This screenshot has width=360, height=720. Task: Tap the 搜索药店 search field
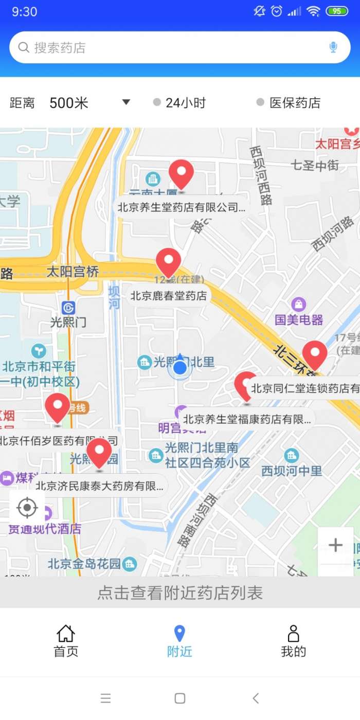tap(170, 48)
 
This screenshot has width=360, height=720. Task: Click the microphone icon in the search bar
tap(333, 48)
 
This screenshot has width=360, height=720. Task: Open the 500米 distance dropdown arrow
tap(126, 102)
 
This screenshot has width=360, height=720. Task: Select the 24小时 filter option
tap(179, 103)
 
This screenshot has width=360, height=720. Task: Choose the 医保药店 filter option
tap(289, 103)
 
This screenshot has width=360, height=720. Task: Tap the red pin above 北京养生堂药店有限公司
tap(181, 173)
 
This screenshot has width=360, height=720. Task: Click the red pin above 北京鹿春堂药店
tap(168, 261)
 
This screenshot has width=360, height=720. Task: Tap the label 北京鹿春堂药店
tap(169, 296)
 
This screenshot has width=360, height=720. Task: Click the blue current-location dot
tap(179, 368)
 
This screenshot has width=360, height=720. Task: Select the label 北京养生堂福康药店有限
tap(247, 419)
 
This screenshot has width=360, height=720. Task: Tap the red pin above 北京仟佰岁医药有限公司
tap(58, 407)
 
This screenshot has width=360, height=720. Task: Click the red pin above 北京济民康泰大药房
tap(99, 452)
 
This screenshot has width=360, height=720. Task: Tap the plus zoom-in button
tap(335, 545)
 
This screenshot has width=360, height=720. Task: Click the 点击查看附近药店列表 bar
tap(180, 593)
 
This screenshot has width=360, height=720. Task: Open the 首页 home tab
tap(66, 641)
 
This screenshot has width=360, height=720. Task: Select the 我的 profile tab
tap(293, 641)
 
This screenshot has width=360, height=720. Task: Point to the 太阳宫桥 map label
tap(73, 272)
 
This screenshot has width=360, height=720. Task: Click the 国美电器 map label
tap(299, 319)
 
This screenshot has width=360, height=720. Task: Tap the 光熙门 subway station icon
tap(68, 308)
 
